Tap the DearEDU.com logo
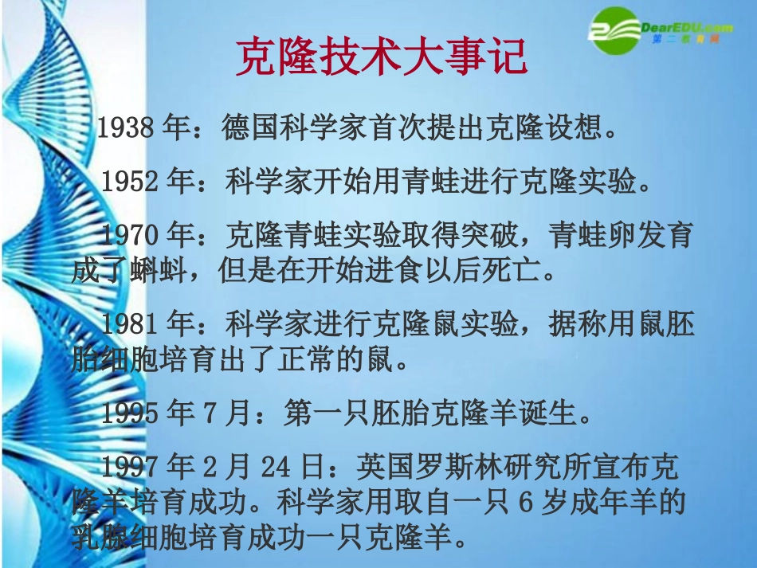point(661,31)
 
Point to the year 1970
point(131,236)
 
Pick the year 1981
point(131,325)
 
